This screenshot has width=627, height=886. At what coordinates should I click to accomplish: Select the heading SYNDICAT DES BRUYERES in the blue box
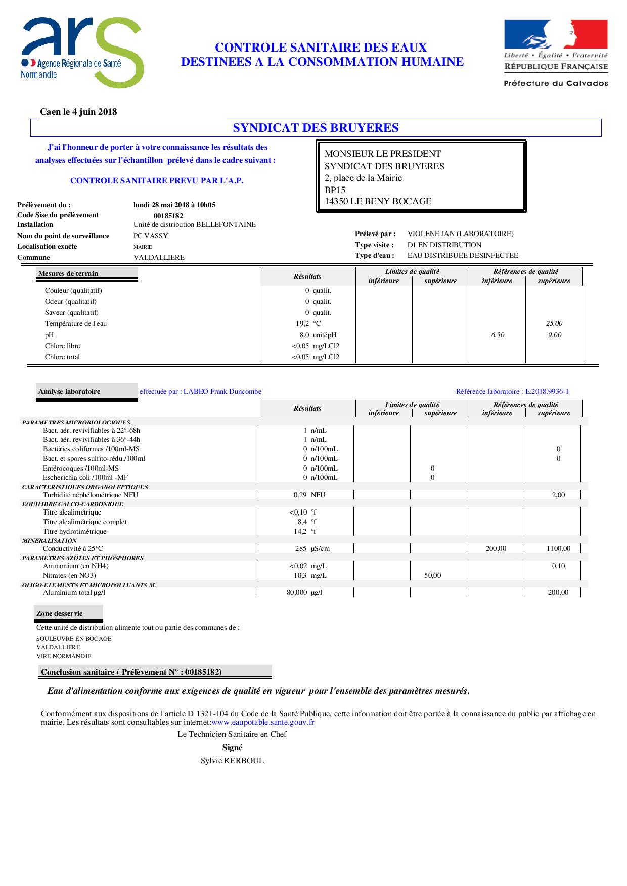[316, 128]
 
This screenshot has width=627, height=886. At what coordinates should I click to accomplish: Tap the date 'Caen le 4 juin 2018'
[78, 112]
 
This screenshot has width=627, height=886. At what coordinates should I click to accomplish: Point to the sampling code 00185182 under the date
[168, 216]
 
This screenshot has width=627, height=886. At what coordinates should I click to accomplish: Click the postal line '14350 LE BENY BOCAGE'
[378, 201]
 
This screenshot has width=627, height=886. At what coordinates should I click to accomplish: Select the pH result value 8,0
[304, 335]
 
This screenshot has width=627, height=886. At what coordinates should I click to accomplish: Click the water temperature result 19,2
[302, 323]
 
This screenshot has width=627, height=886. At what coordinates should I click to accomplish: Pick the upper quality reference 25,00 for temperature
[554, 323]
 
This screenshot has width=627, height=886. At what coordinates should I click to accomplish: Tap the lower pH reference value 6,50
[498, 335]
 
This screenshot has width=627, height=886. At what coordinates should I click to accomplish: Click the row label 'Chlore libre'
[62, 346]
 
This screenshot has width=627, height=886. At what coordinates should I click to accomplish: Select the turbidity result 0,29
[300, 495]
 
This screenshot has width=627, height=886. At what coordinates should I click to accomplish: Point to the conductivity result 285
[301, 548]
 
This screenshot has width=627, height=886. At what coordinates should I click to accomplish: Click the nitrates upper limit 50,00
[432, 575]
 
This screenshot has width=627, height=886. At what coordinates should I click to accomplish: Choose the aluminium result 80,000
[297, 592]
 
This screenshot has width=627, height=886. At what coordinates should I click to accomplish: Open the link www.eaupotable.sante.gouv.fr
[263, 722]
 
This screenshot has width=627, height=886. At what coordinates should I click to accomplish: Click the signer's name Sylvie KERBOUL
[232, 761]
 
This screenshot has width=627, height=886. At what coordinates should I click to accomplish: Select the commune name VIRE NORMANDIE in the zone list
[64, 656]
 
